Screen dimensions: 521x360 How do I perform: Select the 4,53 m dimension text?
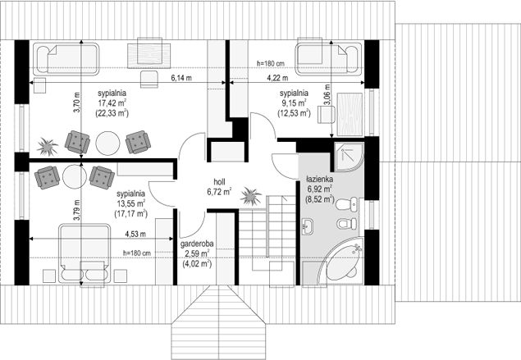point(135,234)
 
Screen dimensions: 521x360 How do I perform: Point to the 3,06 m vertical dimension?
point(327,94)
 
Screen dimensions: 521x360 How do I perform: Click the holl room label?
point(219,182)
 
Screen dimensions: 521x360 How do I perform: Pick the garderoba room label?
point(197,244)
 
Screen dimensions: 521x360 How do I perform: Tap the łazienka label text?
point(319,180)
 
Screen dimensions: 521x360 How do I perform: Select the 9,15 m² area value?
point(294,103)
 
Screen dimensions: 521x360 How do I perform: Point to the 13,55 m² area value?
point(130,203)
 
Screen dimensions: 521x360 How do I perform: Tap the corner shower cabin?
point(349,157)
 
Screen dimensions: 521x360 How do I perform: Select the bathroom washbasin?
point(308,226)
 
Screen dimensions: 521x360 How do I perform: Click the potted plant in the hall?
point(251,197)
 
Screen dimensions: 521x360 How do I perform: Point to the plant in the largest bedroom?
point(48,147)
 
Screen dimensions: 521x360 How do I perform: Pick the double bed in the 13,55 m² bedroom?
point(85,253)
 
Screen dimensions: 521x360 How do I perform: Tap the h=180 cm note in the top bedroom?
point(271,63)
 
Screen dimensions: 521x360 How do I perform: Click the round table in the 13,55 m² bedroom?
point(75,176)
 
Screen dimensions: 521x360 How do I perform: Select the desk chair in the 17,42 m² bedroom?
point(149,80)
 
